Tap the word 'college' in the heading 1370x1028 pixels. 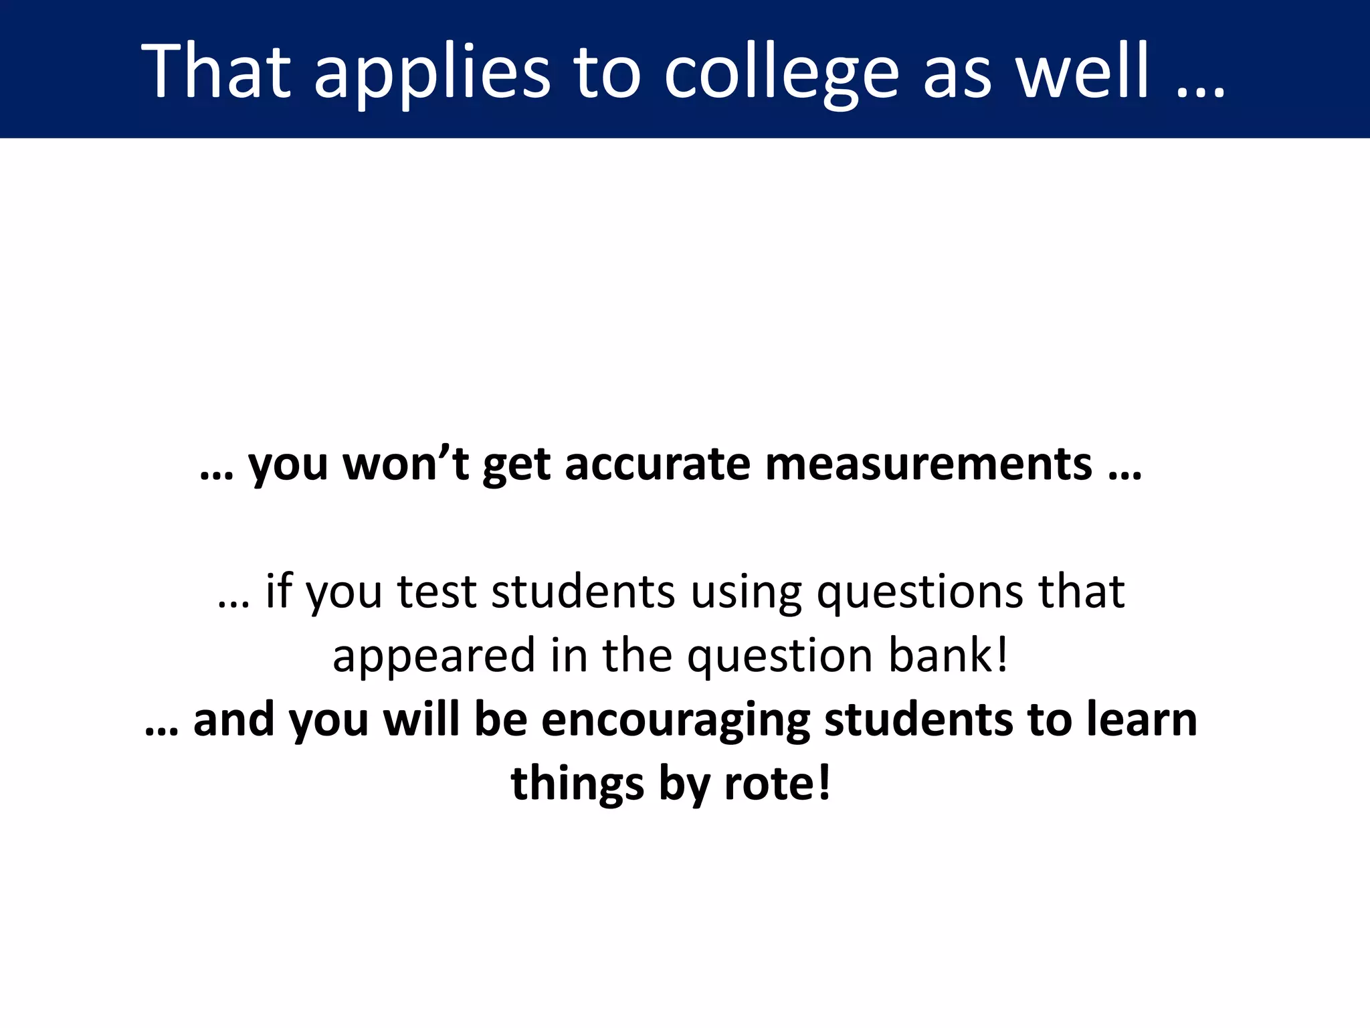[x=781, y=72]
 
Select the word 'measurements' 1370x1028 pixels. [x=928, y=463]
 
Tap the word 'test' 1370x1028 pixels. [x=437, y=592]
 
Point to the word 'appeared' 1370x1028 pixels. [x=433, y=656]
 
